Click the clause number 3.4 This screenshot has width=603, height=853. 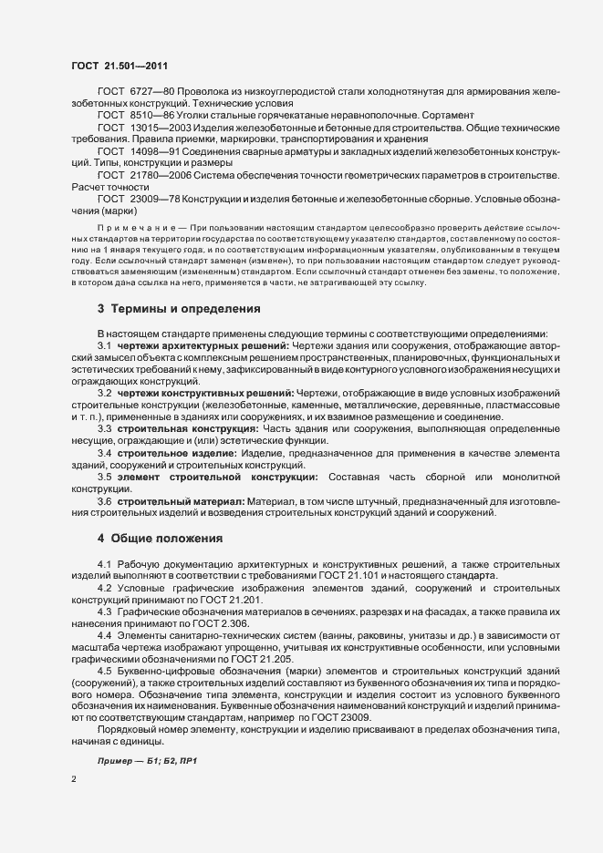point(105,452)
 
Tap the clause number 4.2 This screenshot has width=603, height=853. point(105,589)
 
